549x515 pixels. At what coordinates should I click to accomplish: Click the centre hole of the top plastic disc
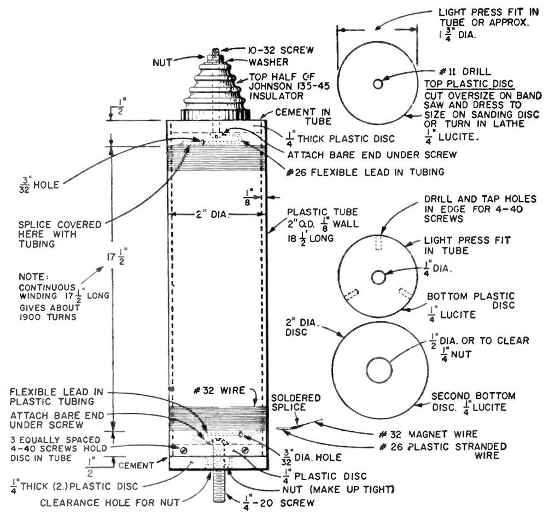tap(377, 84)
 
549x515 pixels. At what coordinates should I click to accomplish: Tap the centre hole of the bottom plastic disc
tap(378, 277)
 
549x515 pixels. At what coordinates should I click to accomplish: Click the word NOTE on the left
tap(32, 277)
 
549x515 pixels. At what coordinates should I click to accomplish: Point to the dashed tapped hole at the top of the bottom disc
tap(378, 244)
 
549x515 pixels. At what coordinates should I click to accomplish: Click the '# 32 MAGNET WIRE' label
tap(428, 434)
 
